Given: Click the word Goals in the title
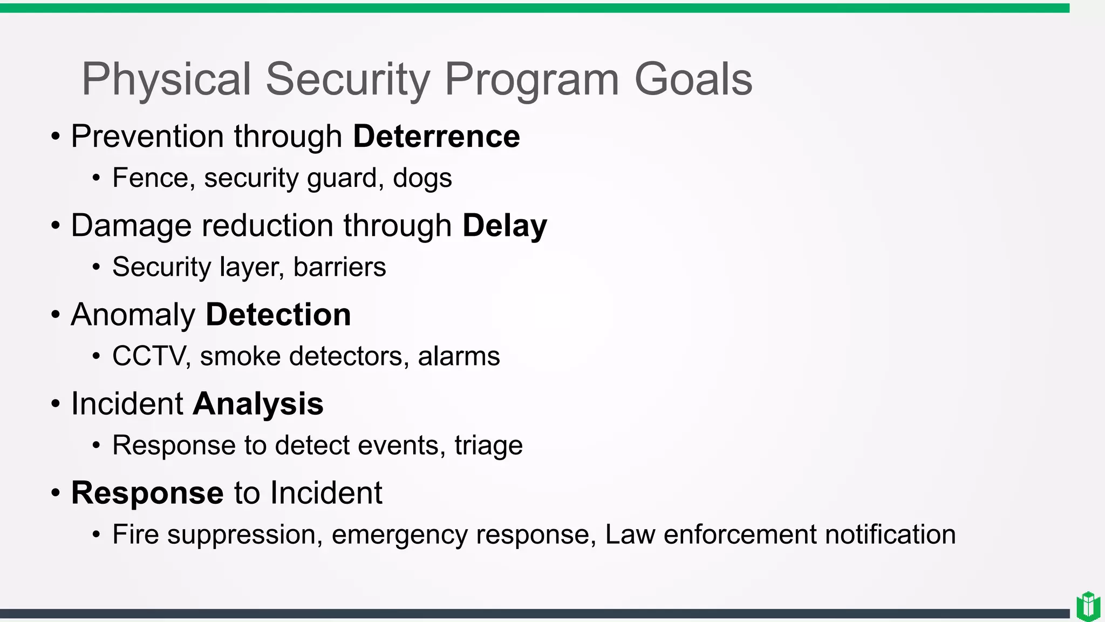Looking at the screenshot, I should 693,79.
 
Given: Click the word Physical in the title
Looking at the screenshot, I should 166,79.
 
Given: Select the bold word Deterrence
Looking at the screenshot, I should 436,136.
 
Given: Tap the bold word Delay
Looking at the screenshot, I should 504,226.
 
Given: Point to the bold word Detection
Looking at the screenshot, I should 278,315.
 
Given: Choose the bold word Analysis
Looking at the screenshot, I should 258,404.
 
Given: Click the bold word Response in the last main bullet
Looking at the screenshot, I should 147,493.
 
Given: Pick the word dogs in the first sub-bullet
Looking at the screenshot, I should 422,178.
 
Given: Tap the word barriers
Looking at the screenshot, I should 339,267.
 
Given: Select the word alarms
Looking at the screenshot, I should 459,356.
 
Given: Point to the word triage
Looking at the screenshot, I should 488,446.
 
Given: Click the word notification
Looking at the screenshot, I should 890,535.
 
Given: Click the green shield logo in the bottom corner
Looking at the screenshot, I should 1088,606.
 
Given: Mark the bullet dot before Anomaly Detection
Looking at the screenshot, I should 56,315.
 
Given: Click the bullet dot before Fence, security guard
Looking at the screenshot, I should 96,178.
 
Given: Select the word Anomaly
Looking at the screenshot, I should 133,315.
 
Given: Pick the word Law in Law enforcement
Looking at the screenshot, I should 630,535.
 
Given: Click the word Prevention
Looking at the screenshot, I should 147,136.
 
